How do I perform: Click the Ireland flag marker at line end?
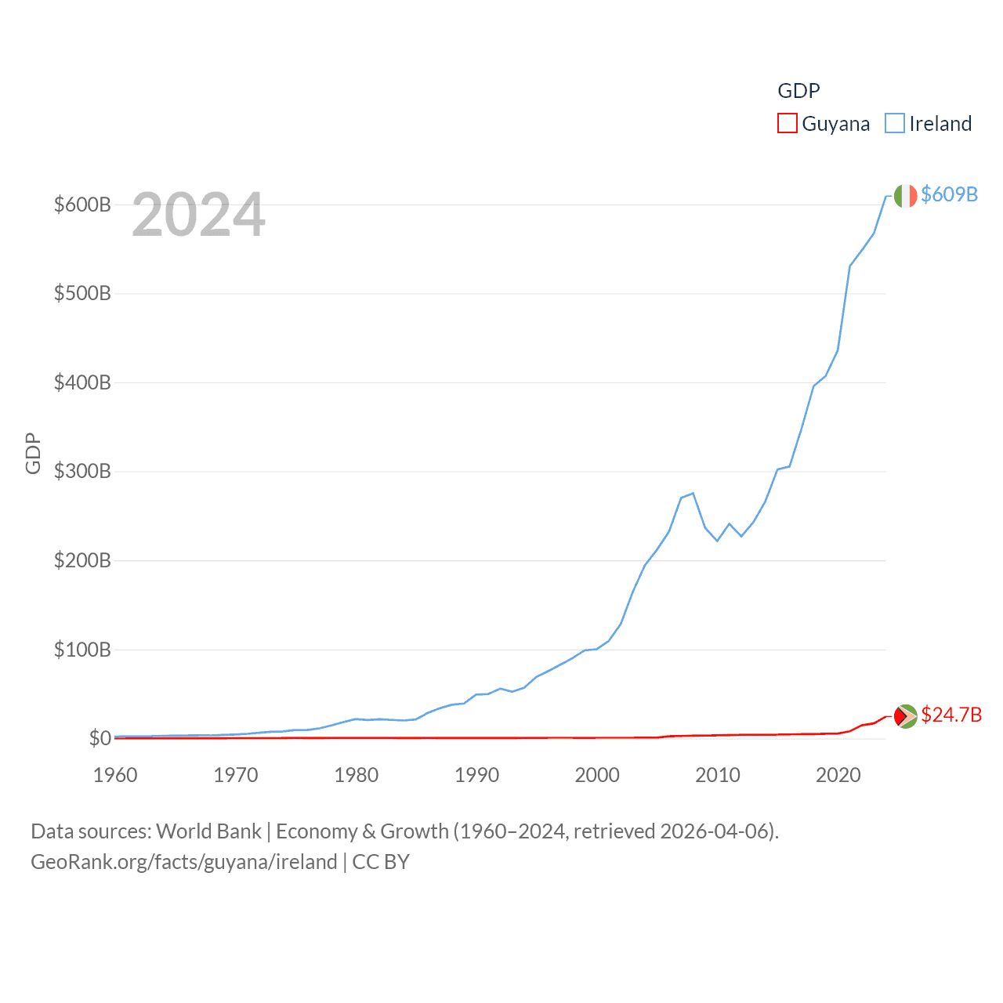pyautogui.click(x=905, y=196)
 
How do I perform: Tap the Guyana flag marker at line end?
pyautogui.click(x=905, y=715)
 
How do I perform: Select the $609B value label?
pyautogui.click(x=949, y=194)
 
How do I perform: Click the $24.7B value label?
pyautogui.click(x=951, y=715)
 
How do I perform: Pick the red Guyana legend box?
pyautogui.click(x=787, y=124)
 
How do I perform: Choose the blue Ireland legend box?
pyautogui.click(x=894, y=124)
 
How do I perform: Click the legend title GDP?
pyautogui.click(x=798, y=91)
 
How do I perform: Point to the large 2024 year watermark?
pyautogui.click(x=198, y=215)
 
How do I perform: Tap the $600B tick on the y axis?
pyautogui.click(x=82, y=205)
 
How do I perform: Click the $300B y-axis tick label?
pyautogui.click(x=82, y=472)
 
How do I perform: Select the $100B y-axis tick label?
pyautogui.click(x=82, y=650)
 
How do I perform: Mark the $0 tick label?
pyautogui.click(x=100, y=738)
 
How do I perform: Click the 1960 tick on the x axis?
pyautogui.click(x=115, y=775)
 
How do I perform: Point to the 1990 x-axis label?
pyautogui.click(x=476, y=775)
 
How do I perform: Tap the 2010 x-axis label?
pyautogui.click(x=718, y=775)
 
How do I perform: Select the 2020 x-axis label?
pyautogui.click(x=838, y=775)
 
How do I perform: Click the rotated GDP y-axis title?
pyautogui.click(x=33, y=453)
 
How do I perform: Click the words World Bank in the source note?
pyautogui.click(x=209, y=831)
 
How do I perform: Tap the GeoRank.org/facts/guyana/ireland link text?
pyautogui.click(x=184, y=862)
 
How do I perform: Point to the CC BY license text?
pyautogui.click(x=381, y=862)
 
